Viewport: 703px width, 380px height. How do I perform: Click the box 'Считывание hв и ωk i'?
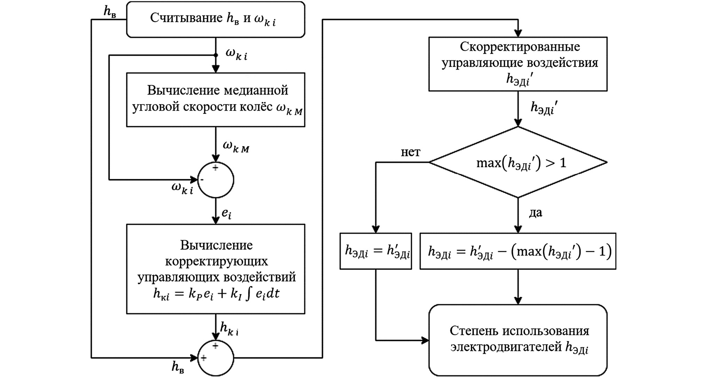(x=215, y=19)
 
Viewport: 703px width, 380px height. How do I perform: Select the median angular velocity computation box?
(x=215, y=100)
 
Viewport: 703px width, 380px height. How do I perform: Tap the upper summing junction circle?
(x=216, y=180)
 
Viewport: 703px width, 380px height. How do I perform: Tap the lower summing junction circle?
(x=216, y=358)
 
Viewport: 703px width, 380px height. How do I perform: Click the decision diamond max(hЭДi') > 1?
(x=518, y=162)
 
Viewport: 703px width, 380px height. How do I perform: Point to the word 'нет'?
(x=411, y=152)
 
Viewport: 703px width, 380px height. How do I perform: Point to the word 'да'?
(x=535, y=213)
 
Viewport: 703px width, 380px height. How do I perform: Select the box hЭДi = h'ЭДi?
(x=376, y=251)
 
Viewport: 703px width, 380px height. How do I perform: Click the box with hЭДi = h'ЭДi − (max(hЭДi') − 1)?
(x=518, y=251)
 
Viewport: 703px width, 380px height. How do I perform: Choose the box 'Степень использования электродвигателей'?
(x=518, y=340)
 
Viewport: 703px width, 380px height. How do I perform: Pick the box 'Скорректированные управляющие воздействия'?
(x=518, y=64)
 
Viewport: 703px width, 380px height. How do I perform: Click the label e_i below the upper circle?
(x=227, y=213)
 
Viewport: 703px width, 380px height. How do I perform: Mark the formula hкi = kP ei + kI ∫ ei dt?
(x=216, y=294)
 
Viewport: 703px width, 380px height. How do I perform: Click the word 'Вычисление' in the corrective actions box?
(x=216, y=245)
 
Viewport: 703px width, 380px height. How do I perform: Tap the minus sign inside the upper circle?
(x=202, y=180)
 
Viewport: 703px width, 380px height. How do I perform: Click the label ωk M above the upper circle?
(x=236, y=147)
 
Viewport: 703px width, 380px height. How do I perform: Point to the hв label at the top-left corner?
(x=110, y=11)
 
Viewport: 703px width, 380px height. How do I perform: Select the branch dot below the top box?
(x=216, y=55)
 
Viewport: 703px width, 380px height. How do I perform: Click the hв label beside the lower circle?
(x=177, y=367)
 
